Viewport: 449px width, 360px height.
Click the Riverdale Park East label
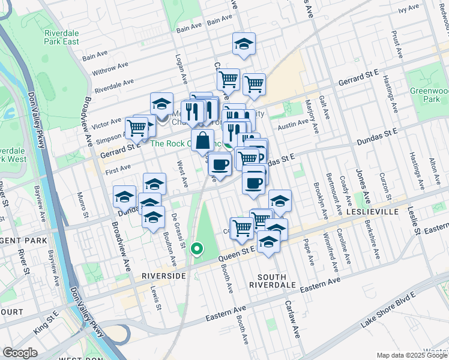(62, 37)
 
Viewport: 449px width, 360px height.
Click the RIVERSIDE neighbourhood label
(163, 276)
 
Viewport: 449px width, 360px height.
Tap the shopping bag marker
(204, 140)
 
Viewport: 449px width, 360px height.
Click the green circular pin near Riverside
(196, 248)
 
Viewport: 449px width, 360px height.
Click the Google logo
(20, 353)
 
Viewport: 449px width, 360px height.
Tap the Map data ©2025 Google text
(411, 355)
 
